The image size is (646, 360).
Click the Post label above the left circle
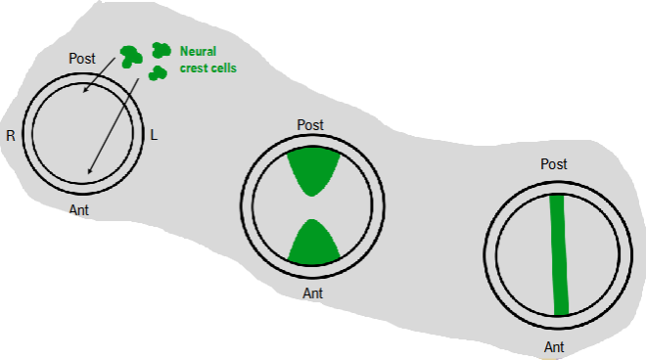pos(82,60)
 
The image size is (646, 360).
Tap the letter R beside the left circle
pos(11,136)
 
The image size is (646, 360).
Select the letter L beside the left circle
pos(154,134)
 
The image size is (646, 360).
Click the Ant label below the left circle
pos(81,209)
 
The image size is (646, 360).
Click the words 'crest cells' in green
pos(208,68)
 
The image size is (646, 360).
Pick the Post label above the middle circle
pos(310,125)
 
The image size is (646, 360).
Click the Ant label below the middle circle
pos(312,292)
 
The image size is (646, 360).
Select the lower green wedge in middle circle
pos(313,243)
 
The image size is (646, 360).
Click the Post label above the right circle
pos(554,164)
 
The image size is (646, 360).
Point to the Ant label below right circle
pos(554,346)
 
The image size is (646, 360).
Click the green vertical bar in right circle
pos(558,254)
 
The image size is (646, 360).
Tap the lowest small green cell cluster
pos(157,74)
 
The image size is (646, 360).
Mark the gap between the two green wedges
pos(313,206)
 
